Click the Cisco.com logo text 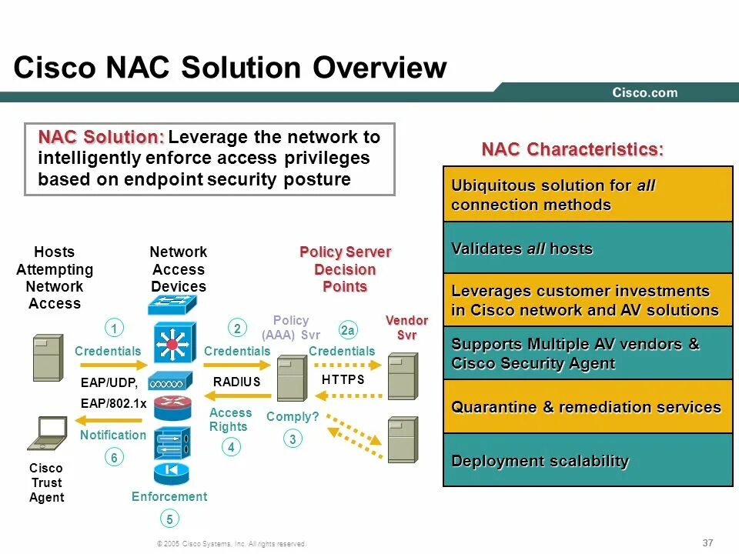pyautogui.click(x=645, y=92)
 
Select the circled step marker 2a pyautogui.click(x=348, y=330)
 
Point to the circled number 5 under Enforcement pyautogui.click(x=169, y=519)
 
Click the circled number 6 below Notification pyautogui.click(x=113, y=457)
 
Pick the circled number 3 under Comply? pyautogui.click(x=292, y=439)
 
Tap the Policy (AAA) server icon pyautogui.click(x=291, y=377)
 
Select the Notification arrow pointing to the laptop pyautogui.click(x=111, y=420)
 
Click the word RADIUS pyautogui.click(x=236, y=381)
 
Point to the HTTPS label pyautogui.click(x=343, y=379)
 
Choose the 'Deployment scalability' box pyautogui.click(x=588, y=461)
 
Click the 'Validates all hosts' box pyautogui.click(x=588, y=248)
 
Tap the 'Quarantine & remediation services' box pyautogui.click(x=588, y=407)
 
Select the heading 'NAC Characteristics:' pyautogui.click(x=572, y=149)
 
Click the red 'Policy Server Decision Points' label pyautogui.click(x=345, y=269)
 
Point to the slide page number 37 pyautogui.click(x=708, y=542)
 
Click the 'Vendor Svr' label pyautogui.click(x=406, y=327)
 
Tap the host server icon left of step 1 pyautogui.click(x=48, y=357)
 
